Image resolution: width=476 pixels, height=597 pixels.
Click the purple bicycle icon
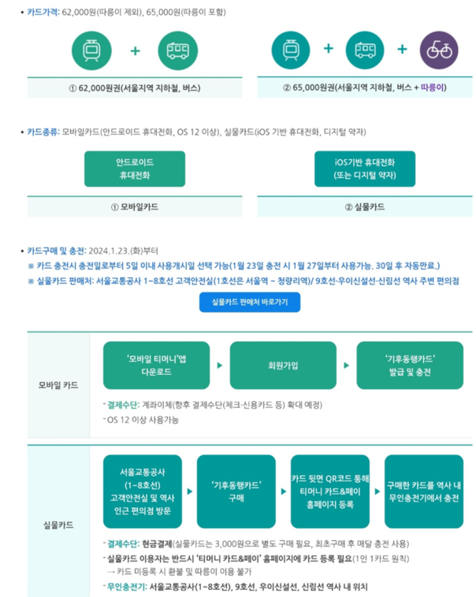point(437,50)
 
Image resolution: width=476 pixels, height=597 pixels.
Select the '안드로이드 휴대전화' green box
point(134,169)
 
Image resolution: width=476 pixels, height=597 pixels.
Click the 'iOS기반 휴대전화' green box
point(365,169)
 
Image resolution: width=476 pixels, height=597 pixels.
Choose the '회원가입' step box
point(281,365)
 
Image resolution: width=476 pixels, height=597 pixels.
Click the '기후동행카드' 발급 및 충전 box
point(405,365)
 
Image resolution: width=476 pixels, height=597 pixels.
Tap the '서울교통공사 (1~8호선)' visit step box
point(142,491)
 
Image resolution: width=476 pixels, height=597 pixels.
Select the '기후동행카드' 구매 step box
point(236,491)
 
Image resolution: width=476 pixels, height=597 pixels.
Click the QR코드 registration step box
point(329,491)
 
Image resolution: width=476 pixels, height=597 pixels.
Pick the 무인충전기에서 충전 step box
point(424,491)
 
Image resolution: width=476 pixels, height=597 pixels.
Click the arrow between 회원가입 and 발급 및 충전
point(345,365)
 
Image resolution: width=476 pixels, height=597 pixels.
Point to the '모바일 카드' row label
point(59,386)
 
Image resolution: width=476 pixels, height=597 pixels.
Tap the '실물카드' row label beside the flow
point(59,523)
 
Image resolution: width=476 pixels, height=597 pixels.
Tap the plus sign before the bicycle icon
point(402,50)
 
